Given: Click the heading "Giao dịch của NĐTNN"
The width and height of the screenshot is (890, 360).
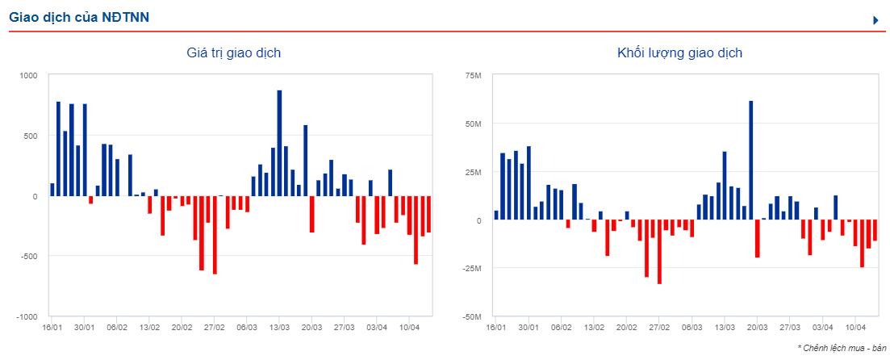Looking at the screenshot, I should [79, 17].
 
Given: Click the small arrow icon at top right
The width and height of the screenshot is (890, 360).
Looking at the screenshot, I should [875, 20].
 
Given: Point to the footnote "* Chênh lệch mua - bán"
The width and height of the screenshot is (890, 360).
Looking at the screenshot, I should [841, 348].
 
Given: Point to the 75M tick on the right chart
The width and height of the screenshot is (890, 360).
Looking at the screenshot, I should [473, 75].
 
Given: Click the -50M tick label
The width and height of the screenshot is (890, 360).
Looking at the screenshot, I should [471, 317].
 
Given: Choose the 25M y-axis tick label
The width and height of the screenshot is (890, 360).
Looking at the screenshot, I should [473, 172].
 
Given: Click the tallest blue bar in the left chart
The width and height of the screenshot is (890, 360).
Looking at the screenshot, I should [279, 143].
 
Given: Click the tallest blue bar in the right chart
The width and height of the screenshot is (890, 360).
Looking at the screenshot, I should [750, 160].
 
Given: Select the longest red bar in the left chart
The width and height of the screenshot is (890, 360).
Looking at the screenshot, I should [215, 235].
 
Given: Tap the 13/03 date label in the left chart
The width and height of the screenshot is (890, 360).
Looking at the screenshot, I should [279, 328].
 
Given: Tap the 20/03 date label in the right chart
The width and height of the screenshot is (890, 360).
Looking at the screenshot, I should [757, 328].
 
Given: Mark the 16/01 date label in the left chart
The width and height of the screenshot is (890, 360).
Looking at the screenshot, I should [52, 328].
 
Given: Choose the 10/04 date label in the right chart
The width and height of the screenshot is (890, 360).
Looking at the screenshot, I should [855, 328].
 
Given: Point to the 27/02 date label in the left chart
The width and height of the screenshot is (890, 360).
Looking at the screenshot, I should [214, 328].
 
